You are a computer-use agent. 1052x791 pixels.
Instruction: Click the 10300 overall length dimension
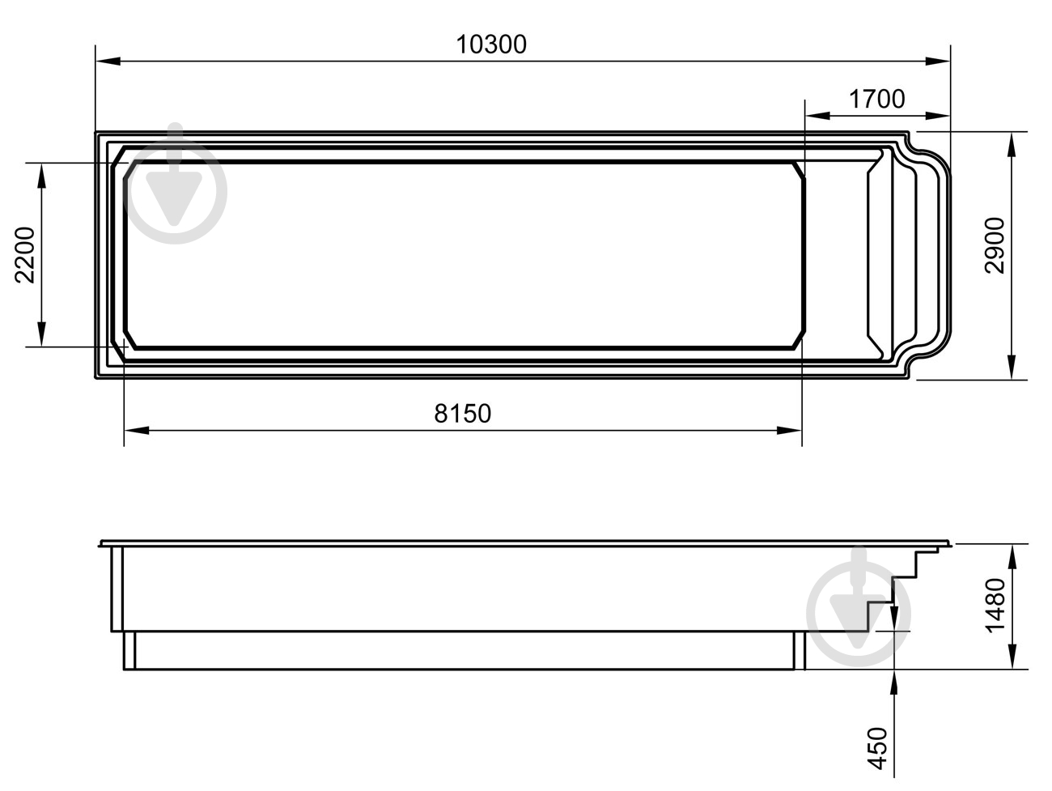[491, 45]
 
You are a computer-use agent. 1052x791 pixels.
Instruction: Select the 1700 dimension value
[876, 100]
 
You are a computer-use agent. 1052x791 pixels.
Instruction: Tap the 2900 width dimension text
[994, 245]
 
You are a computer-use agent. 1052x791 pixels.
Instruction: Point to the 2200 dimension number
[25, 255]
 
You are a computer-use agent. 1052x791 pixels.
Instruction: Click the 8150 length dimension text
[463, 413]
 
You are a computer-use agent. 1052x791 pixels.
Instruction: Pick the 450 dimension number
[877, 748]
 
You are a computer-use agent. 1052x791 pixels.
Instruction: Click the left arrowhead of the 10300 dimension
[108, 62]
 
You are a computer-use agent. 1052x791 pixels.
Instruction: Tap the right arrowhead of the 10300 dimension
[937, 62]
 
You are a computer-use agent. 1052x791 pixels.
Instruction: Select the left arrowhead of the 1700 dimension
[817, 116]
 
